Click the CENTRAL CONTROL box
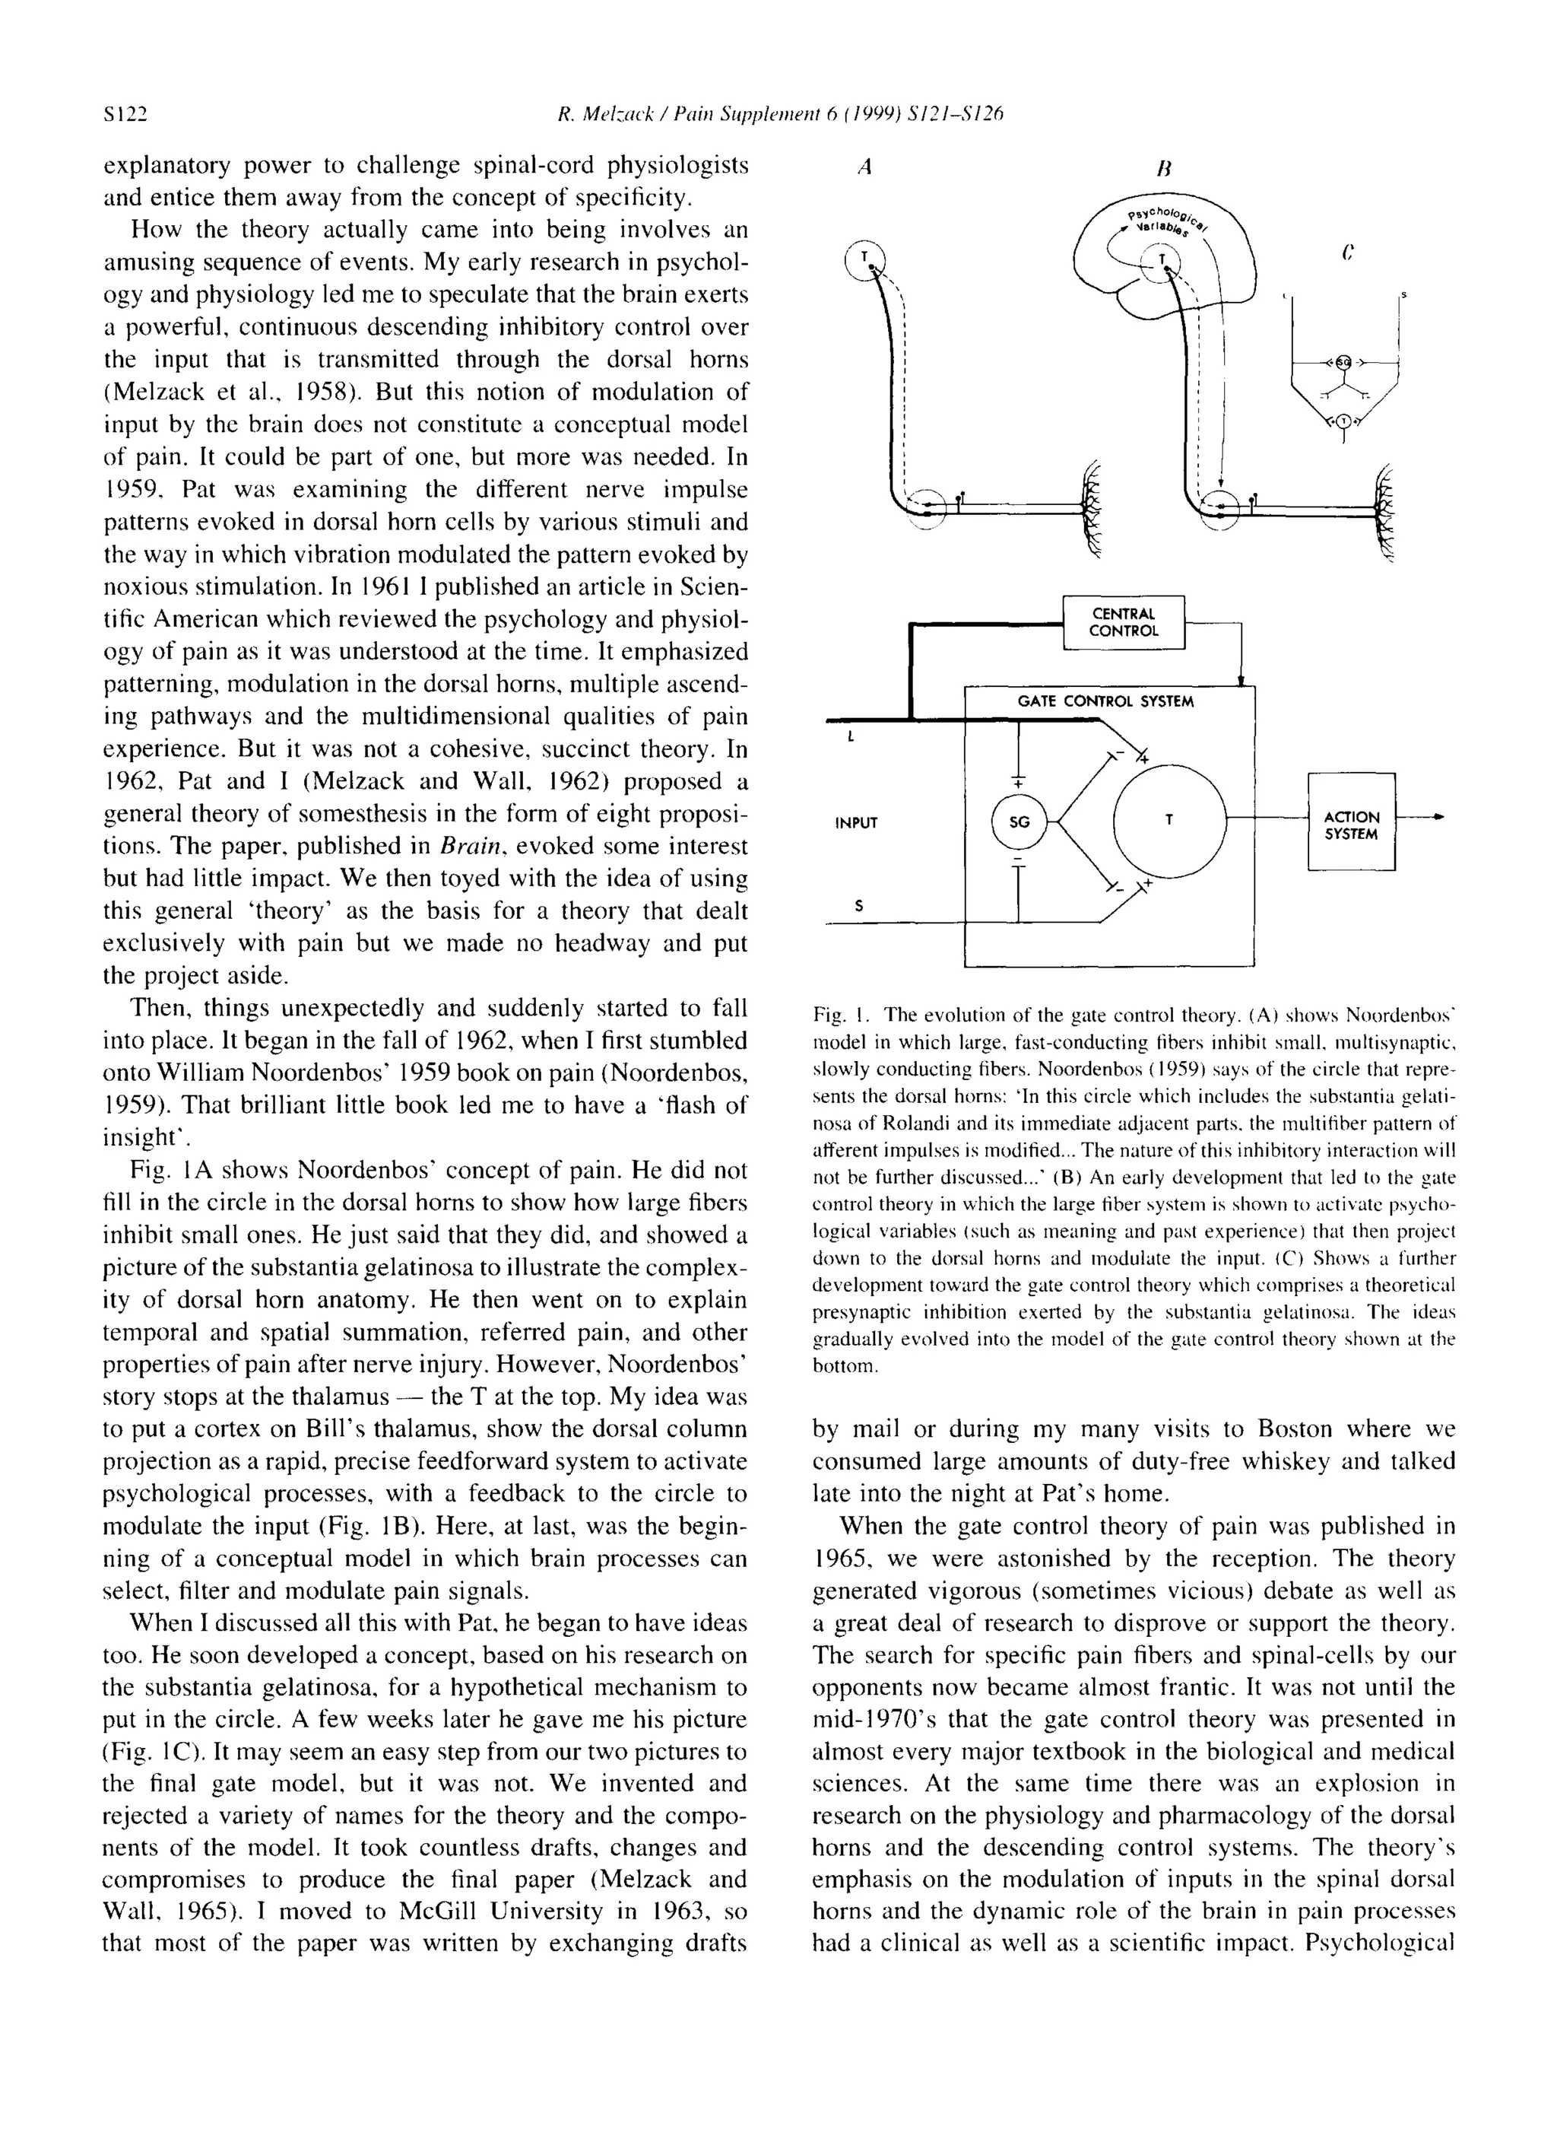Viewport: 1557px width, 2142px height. pyautogui.click(x=1123, y=621)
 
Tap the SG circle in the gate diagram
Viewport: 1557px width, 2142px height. pyautogui.click(x=1019, y=822)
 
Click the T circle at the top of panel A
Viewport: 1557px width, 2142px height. pyautogui.click(x=863, y=257)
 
